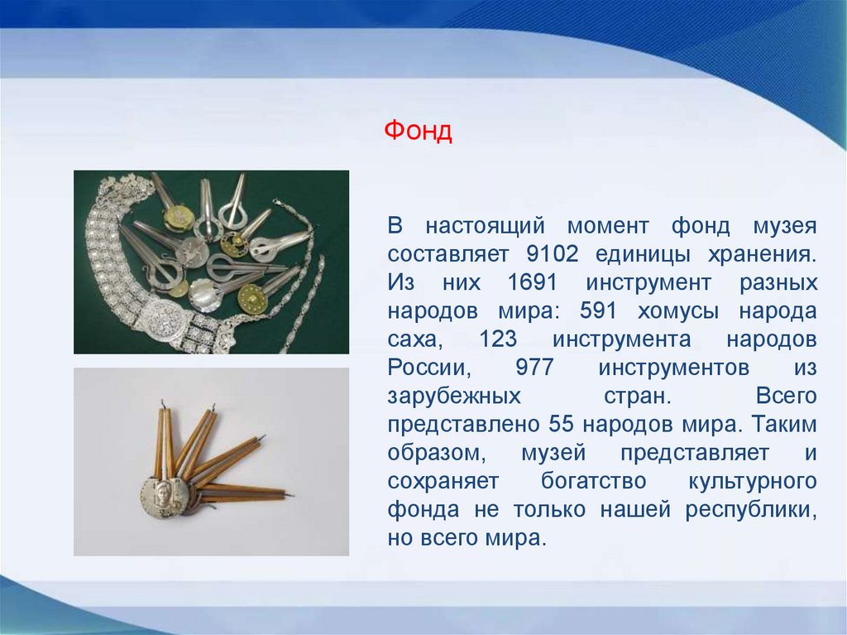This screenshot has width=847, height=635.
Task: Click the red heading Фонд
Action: click(418, 130)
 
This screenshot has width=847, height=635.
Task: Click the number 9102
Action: click(552, 253)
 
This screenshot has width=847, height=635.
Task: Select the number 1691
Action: click(532, 282)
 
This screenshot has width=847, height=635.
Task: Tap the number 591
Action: click(598, 310)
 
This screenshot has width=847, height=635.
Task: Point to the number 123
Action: click(498, 339)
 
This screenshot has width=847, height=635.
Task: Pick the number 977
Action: click(535, 368)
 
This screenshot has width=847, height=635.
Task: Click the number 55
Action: click(562, 424)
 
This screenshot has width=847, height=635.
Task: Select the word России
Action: click(429, 368)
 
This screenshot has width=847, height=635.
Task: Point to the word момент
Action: click(608, 226)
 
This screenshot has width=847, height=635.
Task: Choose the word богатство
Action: click(594, 480)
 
